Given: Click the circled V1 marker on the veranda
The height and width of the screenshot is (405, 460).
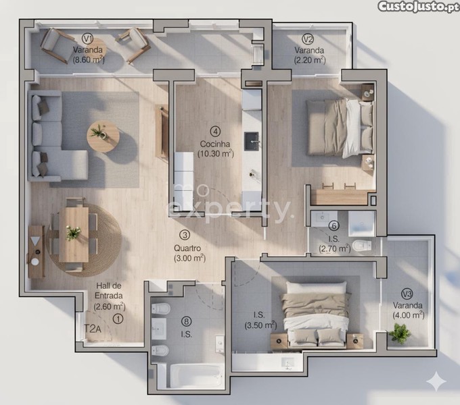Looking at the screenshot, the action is click(x=87, y=38).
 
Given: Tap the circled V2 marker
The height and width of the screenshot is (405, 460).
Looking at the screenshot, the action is click(x=308, y=39).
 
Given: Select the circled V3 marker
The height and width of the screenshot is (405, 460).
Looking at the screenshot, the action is click(x=407, y=294).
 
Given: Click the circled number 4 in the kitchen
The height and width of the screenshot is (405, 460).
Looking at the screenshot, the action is click(x=216, y=132).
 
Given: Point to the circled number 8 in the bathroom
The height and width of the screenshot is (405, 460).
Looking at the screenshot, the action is click(x=186, y=321).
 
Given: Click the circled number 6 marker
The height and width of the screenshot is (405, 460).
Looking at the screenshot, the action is click(x=334, y=226).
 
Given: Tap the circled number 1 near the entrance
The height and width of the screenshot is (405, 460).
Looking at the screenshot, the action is click(x=118, y=319).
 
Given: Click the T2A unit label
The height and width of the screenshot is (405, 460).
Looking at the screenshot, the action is click(x=93, y=329).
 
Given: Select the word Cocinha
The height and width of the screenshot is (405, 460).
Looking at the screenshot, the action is click(x=215, y=144).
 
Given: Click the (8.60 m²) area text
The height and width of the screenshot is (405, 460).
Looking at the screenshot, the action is click(x=89, y=59).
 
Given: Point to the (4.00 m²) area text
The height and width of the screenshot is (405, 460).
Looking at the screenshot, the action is click(x=409, y=315).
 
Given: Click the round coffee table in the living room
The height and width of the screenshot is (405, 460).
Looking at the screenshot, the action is click(x=103, y=137).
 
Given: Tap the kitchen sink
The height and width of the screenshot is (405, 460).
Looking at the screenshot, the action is click(x=252, y=142).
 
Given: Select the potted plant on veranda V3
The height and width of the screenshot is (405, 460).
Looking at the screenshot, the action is click(x=399, y=333).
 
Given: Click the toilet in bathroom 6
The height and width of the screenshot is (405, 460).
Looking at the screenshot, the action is click(x=361, y=246).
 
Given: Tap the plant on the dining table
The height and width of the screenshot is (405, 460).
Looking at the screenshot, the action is click(x=73, y=233).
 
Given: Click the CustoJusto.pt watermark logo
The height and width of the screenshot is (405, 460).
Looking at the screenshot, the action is click(x=418, y=7).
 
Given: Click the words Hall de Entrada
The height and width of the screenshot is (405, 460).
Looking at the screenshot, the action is click(x=108, y=290).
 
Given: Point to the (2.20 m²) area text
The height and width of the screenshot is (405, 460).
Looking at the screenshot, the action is click(x=310, y=60).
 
